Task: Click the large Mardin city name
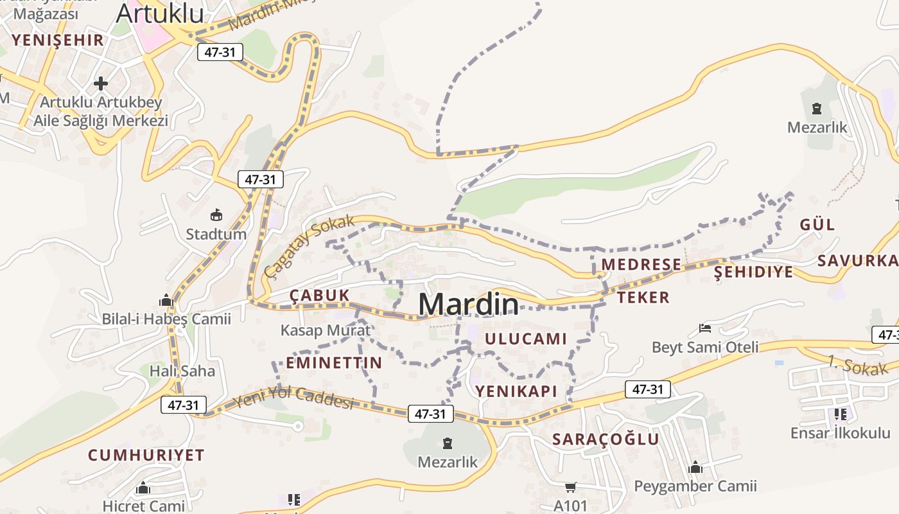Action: coord(469,304)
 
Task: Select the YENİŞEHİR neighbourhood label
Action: coord(57,40)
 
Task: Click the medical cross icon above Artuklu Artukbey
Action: coord(101,83)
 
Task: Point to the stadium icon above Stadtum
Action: coord(216,215)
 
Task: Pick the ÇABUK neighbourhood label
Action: coord(320,295)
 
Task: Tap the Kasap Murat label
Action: coord(326,330)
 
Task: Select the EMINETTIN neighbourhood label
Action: coord(334,362)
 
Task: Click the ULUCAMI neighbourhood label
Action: coord(526,339)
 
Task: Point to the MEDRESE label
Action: coord(641,264)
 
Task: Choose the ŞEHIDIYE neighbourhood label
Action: coord(753,272)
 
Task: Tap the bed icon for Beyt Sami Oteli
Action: coord(704,328)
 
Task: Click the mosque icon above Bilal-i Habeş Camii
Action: coord(166,300)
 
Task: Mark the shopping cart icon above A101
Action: coord(570,488)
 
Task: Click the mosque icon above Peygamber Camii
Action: coord(695,467)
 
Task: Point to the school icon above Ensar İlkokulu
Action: coord(841,414)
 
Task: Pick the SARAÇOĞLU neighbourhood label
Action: coord(606,439)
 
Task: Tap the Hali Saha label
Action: coord(182,371)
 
